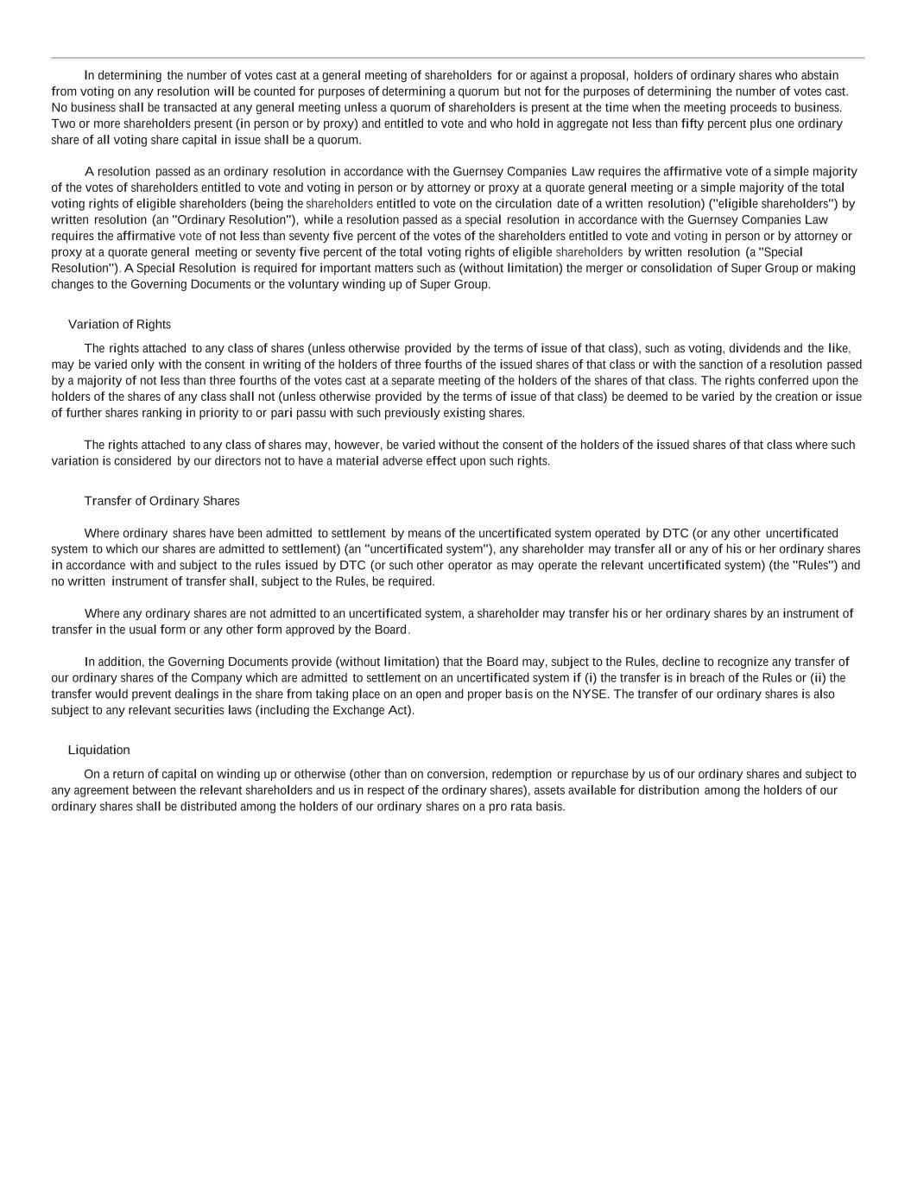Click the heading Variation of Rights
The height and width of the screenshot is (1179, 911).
pyautogui.click(x=119, y=325)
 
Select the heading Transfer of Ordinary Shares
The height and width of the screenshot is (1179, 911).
pyautogui.click(x=161, y=501)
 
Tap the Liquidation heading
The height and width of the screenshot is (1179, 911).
pyautogui.click(x=98, y=750)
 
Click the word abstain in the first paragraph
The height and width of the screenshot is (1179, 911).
pyautogui.click(x=819, y=75)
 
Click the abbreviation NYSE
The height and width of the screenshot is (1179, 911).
pyautogui.click(x=589, y=694)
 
